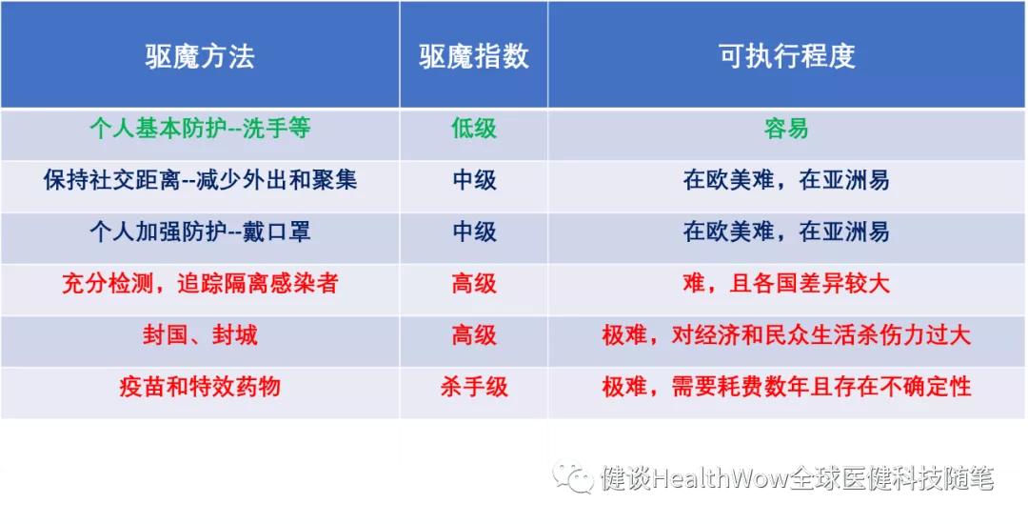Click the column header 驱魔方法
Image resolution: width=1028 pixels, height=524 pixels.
[x=200, y=56]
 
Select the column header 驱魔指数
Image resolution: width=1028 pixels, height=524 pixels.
[x=473, y=56]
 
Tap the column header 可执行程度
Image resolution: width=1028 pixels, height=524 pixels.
[x=786, y=56]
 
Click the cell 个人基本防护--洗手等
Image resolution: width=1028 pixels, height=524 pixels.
[x=200, y=129]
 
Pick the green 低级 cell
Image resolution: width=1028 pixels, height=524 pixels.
[x=473, y=129]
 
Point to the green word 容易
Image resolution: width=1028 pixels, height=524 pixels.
[x=786, y=129]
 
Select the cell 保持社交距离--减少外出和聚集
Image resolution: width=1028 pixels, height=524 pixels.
[x=200, y=180]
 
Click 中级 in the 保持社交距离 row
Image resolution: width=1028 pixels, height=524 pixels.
[x=473, y=180]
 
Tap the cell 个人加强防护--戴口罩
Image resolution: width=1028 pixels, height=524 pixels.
[x=200, y=232]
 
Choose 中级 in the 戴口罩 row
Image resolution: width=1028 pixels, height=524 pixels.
[x=473, y=232]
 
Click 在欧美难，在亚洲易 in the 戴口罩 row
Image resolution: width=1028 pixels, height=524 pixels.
[x=786, y=232]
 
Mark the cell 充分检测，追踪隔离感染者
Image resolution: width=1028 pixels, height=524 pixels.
[x=200, y=283]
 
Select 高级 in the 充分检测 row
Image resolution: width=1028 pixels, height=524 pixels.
[x=473, y=283]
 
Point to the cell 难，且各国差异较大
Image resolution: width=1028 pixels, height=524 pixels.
[x=786, y=283]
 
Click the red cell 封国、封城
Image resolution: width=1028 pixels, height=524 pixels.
[x=200, y=335]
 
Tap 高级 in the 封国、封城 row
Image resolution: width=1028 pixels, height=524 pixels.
[x=473, y=335]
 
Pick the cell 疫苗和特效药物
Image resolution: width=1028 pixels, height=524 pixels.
[x=200, y=387]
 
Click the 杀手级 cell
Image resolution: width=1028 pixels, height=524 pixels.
[x=473, y=387]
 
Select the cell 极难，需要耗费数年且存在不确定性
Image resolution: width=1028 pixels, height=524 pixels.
[x=786, y=387]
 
